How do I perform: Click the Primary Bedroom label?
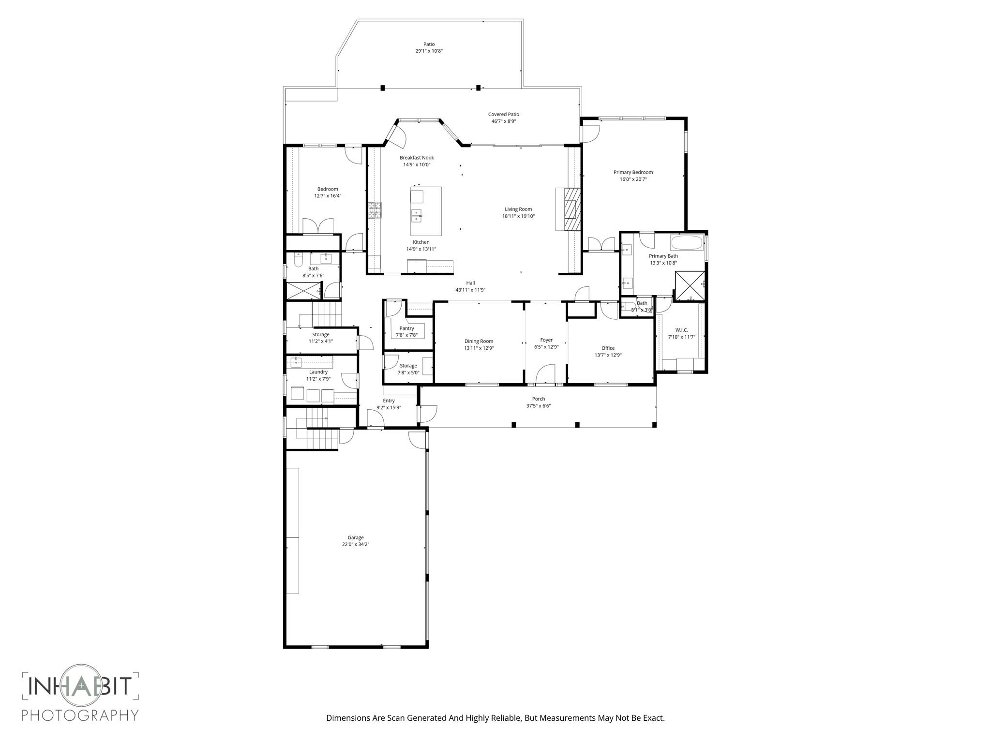coord(633,172)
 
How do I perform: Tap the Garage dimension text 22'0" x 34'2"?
coord(356,544)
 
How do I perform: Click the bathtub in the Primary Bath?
coord(686,242)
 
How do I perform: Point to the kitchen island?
coord(426,211)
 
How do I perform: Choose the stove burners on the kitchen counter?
coord(375,211)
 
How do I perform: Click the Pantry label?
coord(406,328)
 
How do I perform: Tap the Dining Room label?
coord(479,341)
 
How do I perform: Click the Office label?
coord(608,348)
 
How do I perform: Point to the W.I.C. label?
coord(681,330)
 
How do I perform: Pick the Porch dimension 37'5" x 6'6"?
coord(539,406)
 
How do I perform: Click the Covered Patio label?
coord(503,114)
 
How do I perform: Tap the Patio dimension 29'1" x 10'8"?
coord(429,51)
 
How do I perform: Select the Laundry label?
coord(318,371)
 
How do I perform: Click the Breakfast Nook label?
coord(417,158)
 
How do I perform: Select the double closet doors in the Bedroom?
coord(318,226)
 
